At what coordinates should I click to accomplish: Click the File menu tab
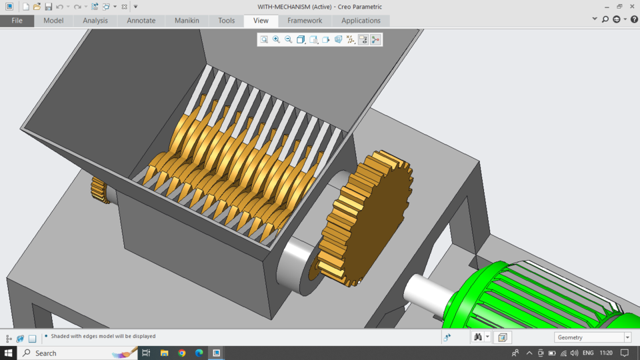pyautogui.click(x=17, y=21)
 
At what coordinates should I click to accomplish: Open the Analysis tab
pyautogui.click(x=95, y=21)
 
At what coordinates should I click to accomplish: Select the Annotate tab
pyautogui.click(x=141, y=21)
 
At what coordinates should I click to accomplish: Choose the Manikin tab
pyautogui.click(x=187, y=21)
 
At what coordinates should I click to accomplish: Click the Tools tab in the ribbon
pyautogui.click(x=227, y=21)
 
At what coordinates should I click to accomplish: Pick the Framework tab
pyautogui.click(x=305, y=21)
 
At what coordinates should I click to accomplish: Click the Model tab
pyautogui.click(x=53, y=21)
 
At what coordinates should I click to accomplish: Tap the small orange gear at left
pyautogui.click(x=101, y=190)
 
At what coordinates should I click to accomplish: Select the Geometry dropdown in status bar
pyautogui.click(x=592, y=337)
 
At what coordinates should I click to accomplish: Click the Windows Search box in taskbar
pyautogui.click(x=73, y=353)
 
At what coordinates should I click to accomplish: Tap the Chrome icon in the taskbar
pyautogui.click(x=182, y=353)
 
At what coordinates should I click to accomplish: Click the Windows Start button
pyautogui.click(x=9, y=353)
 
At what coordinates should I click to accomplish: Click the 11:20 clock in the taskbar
pyautogui.click(x=606, y=353)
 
